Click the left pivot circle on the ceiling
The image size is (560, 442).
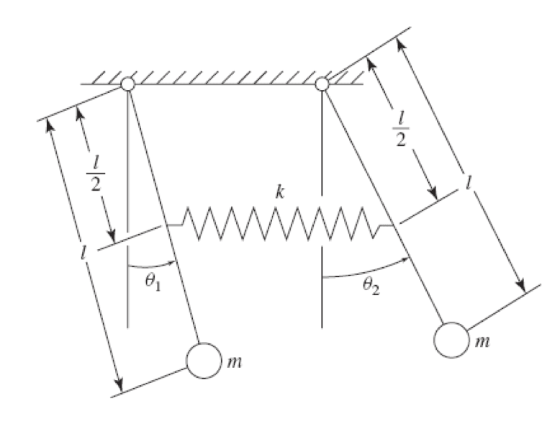(127, 84)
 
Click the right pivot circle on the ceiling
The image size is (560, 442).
(322, 84)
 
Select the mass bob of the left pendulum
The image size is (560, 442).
(204, 361)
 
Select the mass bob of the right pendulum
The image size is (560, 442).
(451, 340)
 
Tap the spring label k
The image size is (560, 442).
(280, 192)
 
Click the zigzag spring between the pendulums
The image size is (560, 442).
(279, 224)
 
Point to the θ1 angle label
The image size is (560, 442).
(153, 282)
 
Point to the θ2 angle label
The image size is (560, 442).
(371, 286)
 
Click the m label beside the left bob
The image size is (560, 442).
(234, 362)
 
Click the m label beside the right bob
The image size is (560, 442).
(482, 342)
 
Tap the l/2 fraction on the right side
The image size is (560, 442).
(401, 129)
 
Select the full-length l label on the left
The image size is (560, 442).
(83, 253)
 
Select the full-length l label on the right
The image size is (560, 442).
(469, 182)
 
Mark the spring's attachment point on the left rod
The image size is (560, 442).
(166, 225)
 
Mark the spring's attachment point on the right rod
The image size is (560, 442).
(394, 225)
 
